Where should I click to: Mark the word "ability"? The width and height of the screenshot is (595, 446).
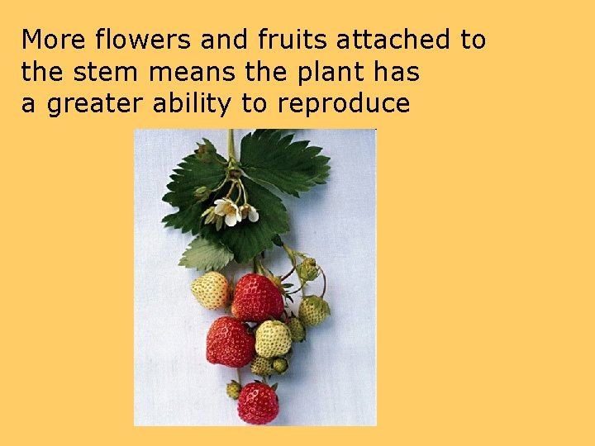tap(202, 104)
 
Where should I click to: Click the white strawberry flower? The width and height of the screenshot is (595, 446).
tap(226, 211)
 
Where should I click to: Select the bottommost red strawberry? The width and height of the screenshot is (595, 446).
tap(258, 402)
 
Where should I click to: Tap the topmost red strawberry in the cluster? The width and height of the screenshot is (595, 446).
tap(257, 297)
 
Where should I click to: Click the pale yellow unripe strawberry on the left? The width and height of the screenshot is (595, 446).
tap(210, 291)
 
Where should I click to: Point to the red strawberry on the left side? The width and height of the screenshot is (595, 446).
tap(229, 342)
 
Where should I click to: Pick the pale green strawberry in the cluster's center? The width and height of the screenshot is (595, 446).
tap(272, 339)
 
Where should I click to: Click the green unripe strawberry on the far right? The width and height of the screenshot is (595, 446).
tap(314, 311)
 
